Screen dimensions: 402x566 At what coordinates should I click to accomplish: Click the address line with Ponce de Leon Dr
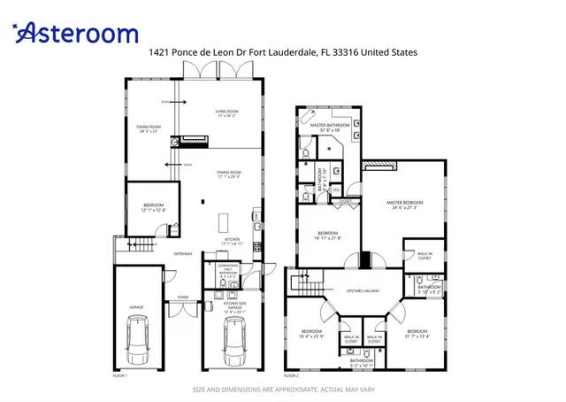[283, 53]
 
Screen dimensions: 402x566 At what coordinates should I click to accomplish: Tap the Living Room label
[226, 113]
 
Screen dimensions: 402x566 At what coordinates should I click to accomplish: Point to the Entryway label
[183, 253]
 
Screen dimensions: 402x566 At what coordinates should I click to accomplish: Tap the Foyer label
[183, 298]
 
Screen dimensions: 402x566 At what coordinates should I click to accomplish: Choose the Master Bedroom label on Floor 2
[405, 205]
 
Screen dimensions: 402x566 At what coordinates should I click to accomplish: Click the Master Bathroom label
[326, 128]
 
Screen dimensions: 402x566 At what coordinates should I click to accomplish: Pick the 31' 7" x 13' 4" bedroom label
[417, 333]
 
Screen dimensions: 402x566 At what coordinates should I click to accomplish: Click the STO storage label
[335, 189]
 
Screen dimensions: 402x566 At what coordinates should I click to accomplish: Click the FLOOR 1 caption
[120, 375]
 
